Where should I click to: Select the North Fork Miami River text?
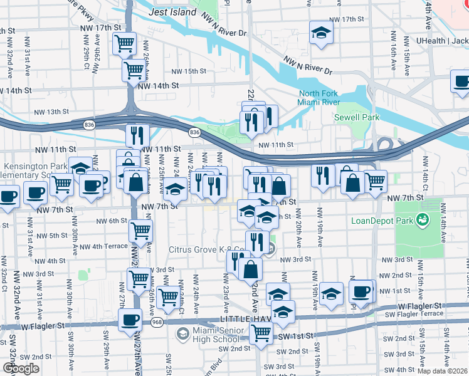pos(319,98)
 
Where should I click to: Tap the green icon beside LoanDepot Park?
pos(423,220)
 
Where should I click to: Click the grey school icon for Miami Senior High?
pos(182,333)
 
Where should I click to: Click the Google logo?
pos(21,368)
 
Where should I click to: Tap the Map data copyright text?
pos(442,370)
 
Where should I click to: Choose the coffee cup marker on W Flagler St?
pos(130,320)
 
